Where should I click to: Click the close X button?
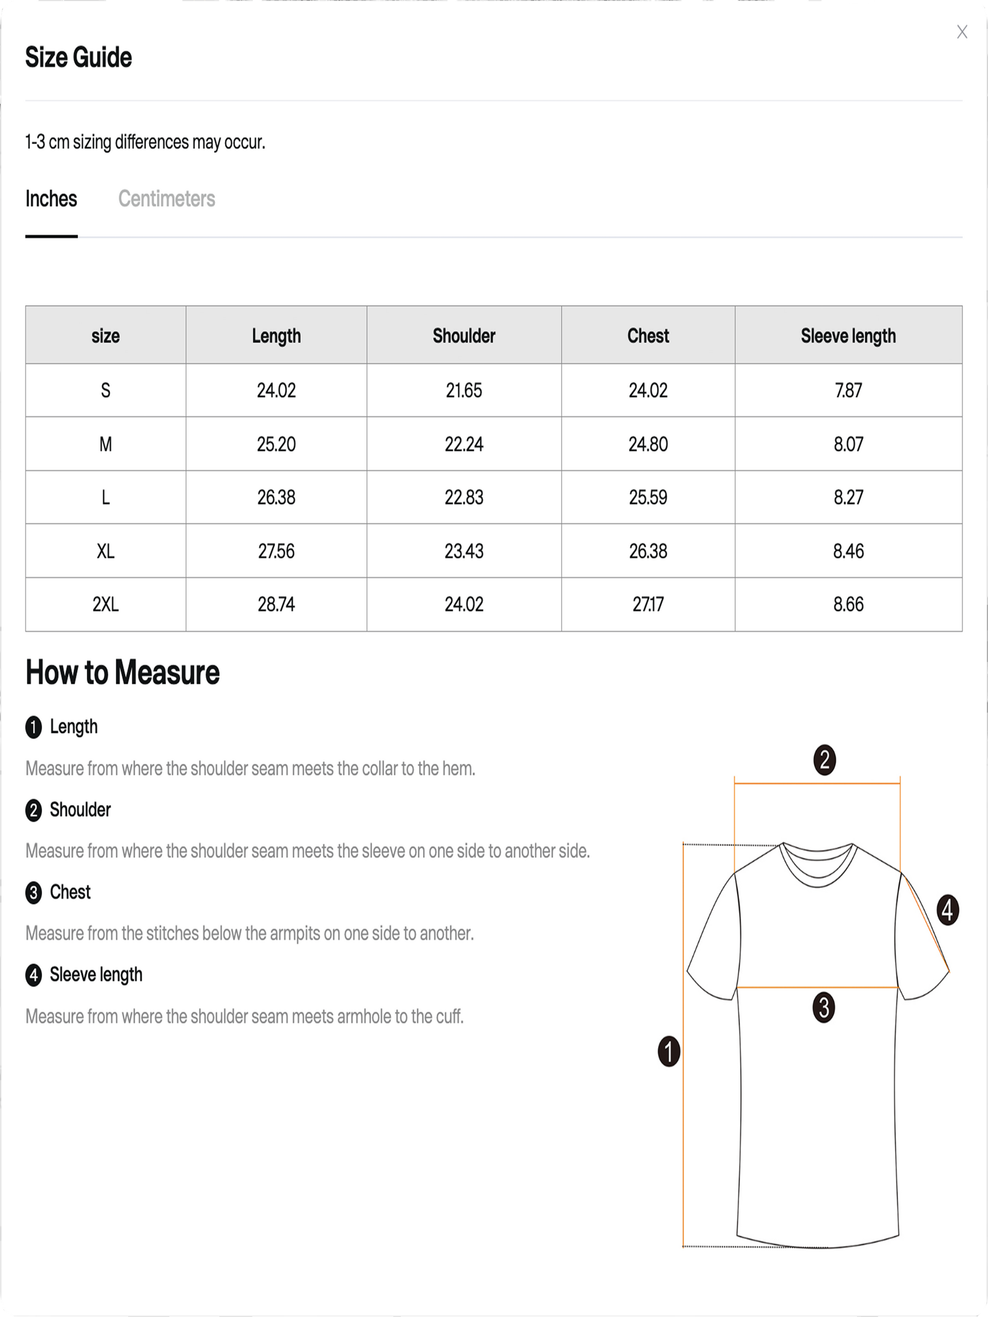click(x=962, y=32)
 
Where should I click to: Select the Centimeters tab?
click(x=167, y=199)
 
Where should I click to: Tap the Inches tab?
click(x=51, y=199)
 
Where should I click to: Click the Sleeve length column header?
click(x=848, y=336)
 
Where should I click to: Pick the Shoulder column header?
click(x=464, y=336)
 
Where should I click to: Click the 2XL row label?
click(x=106, y=604)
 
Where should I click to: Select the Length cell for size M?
click(x=276, y=444)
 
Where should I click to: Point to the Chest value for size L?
click(x=648, y=497)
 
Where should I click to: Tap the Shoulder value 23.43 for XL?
click(x=464, y=551)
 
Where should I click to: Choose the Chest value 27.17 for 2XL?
click(x=648, y=604)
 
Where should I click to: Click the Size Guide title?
click(x=79, y=58)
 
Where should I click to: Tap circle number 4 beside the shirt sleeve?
click(x=947, y=910)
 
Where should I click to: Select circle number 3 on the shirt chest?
click(x=824, y=1007)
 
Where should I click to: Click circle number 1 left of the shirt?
click(x=669, y=1052)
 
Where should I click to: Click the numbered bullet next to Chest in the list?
click(x=34, y=893)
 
